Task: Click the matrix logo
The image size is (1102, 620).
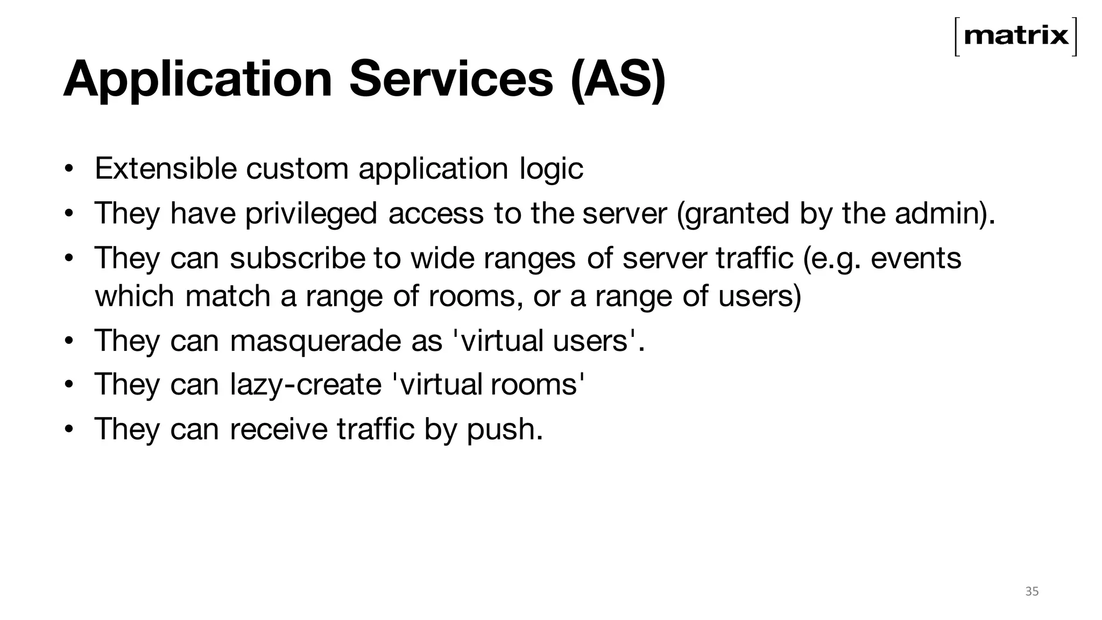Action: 1016,37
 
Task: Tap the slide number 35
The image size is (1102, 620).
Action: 1032,591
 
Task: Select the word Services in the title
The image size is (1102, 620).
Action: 451,80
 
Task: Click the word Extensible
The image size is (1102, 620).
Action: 166,168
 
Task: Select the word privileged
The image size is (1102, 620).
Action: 311,214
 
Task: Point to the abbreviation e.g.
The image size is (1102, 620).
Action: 835,259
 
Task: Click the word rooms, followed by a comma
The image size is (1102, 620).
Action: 476,297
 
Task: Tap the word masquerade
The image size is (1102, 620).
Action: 317,341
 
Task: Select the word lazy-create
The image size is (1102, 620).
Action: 306,385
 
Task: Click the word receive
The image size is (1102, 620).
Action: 279,429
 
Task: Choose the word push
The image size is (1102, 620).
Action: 504,430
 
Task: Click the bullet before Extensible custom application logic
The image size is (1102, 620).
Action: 68,169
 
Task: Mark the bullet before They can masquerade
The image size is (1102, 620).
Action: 68,341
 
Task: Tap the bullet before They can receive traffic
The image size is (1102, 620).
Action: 68,429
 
